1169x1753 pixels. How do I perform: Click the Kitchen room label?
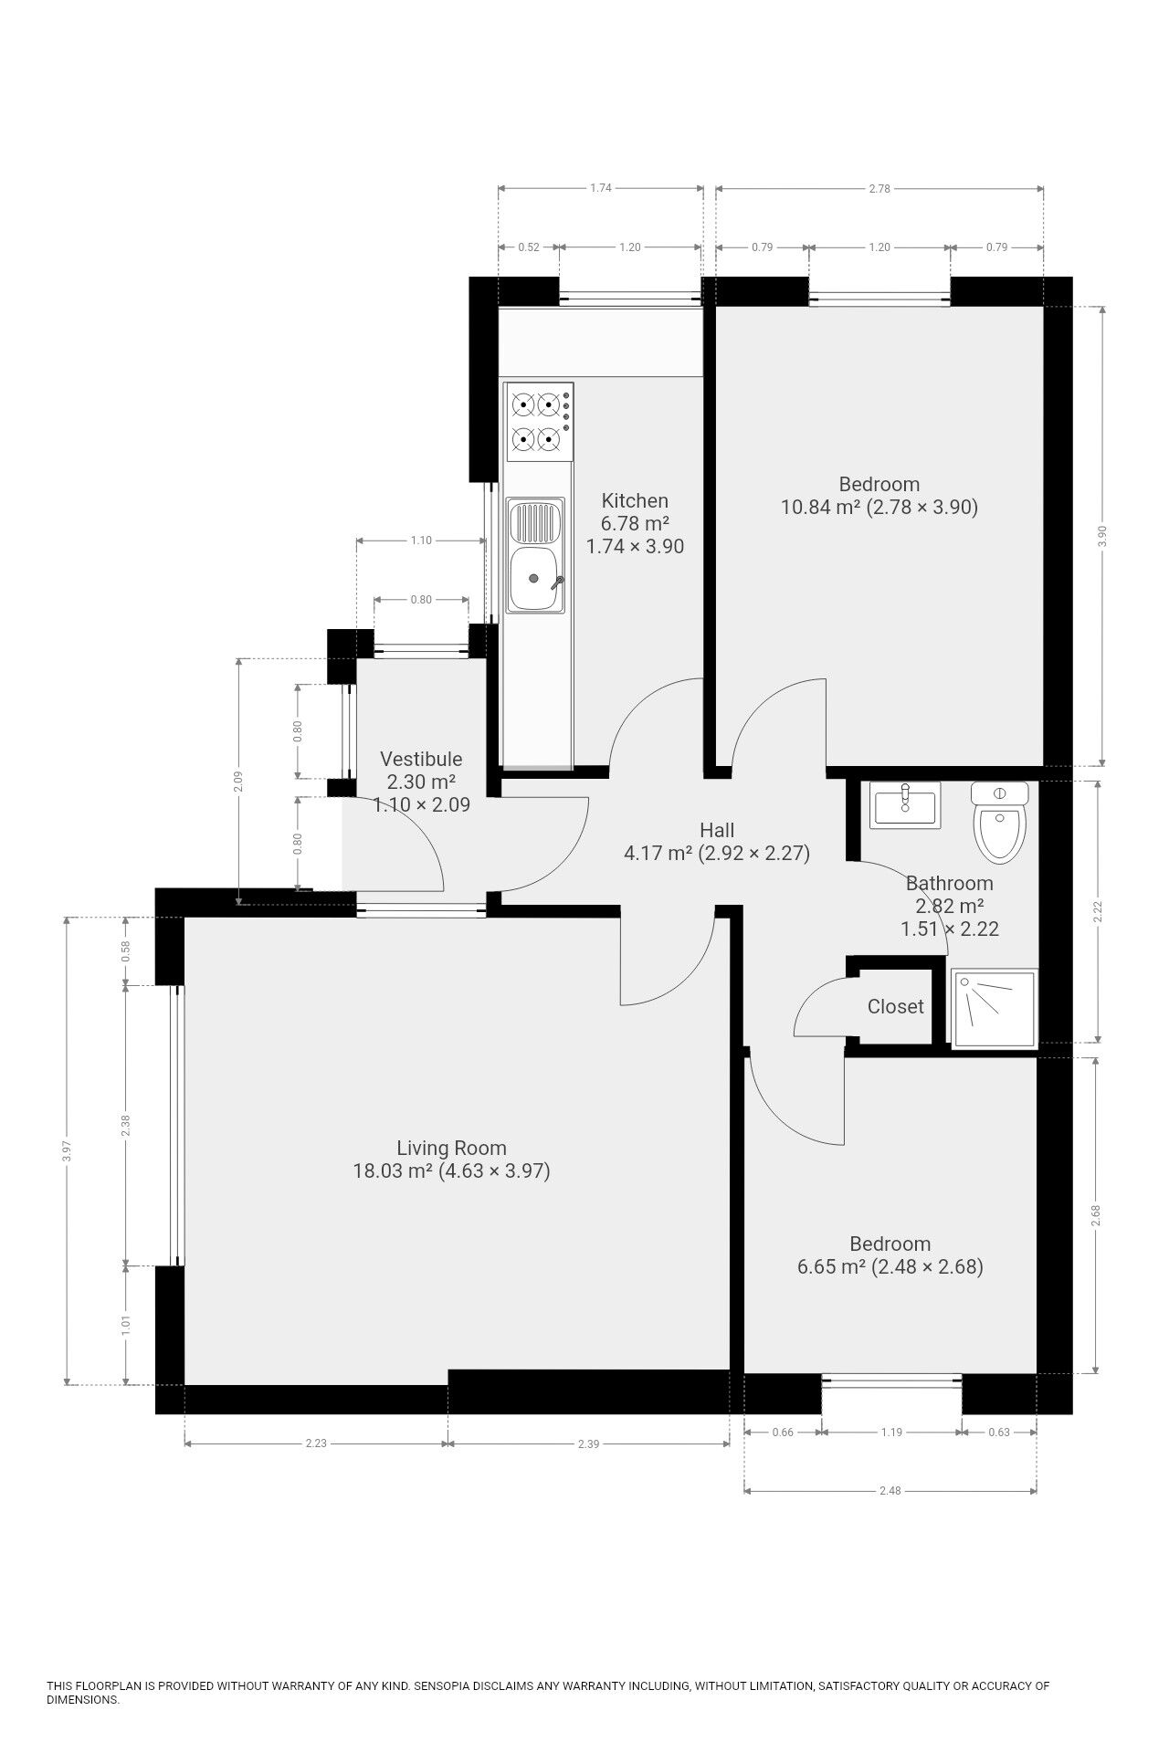pyautogui.click(x=635, y=500)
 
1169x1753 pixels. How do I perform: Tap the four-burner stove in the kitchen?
pyautogui.click(x=539, y=422)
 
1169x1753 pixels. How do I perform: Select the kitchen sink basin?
pyautogui.click(x=537, y=578)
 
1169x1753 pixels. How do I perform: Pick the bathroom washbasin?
pyautogui.click(x=904, y=806)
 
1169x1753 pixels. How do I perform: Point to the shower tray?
pyautogui.click(x=994, y=1008)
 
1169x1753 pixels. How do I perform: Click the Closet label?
pyautogui.click(x=895, y=1006)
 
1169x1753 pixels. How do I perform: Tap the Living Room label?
pyautogui.click(x=451, y=1148)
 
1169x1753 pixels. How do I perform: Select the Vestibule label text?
pyautogui.click(x=421, y=759)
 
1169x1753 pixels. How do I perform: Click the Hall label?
pyautogui.click(x=717, y=830)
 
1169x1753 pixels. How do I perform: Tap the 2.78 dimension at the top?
pyautogui.click(x=879, y=189)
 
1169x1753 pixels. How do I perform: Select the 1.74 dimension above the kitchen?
pyautogui.click(x=600, y=188)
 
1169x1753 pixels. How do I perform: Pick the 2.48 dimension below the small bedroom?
pyautogui.click(x=890, y=1490)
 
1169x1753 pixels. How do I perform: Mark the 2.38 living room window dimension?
pyautogui.click(x=126, y=1127)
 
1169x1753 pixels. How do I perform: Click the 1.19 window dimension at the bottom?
pyautogui.click(x=891, y=1432)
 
